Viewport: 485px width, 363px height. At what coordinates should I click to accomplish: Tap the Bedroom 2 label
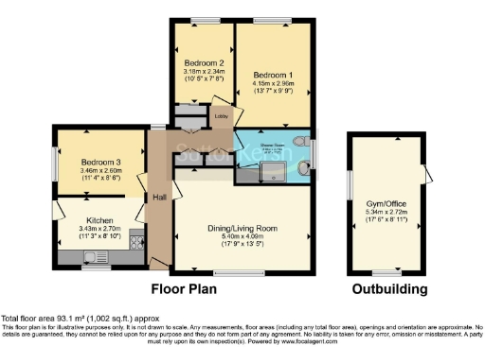click(203, 63)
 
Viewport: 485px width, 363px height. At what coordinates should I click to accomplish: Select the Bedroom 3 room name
click(100, 164)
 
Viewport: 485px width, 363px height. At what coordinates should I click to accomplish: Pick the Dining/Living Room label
click(242, 228)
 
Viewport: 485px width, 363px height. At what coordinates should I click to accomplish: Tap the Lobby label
click(220, 117)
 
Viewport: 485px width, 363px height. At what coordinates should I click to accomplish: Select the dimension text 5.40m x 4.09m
click(242, 237)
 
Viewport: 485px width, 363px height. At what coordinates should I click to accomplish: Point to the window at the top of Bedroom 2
click(203, 21)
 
